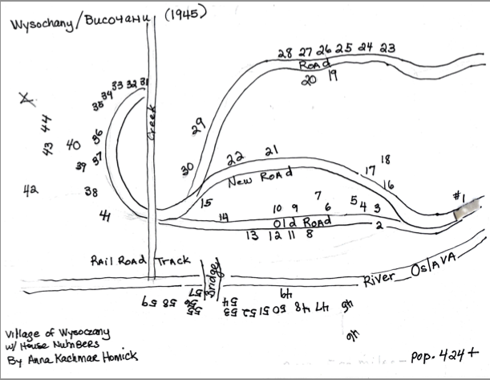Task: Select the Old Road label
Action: point(302,221)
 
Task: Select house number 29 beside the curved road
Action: point(198,125)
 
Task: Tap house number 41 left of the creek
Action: point(105,215)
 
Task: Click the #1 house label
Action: point(459,196)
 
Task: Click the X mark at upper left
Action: point(28,100)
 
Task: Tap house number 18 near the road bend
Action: point(385,159)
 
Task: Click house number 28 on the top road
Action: point(285,53)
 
